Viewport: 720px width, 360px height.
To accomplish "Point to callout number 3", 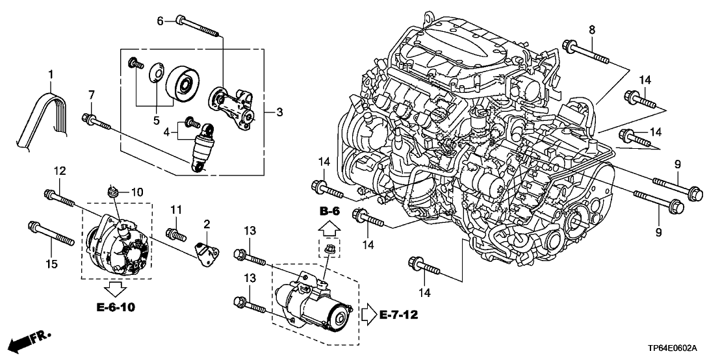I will (x=279, y=113).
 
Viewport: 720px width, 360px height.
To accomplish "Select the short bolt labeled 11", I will (x=174, y=232).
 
